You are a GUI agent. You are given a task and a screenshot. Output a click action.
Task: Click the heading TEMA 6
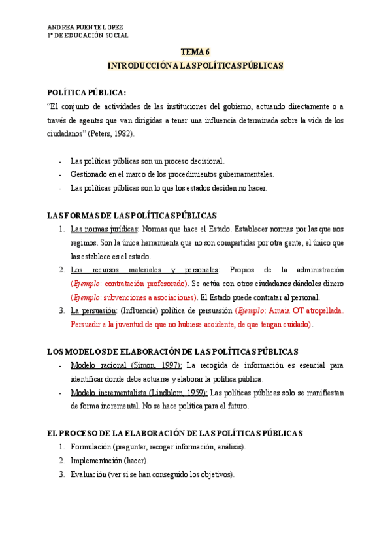tap(195, 52)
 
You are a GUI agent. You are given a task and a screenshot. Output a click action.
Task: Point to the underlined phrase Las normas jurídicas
tap(104, 229)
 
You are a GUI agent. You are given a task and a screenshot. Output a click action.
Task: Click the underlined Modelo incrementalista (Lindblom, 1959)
tap(139, 392)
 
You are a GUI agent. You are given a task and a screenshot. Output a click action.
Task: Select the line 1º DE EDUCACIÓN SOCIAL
tap(88, 35)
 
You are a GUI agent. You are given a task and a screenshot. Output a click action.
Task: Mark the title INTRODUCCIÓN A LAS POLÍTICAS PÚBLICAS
tap(195, 66)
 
